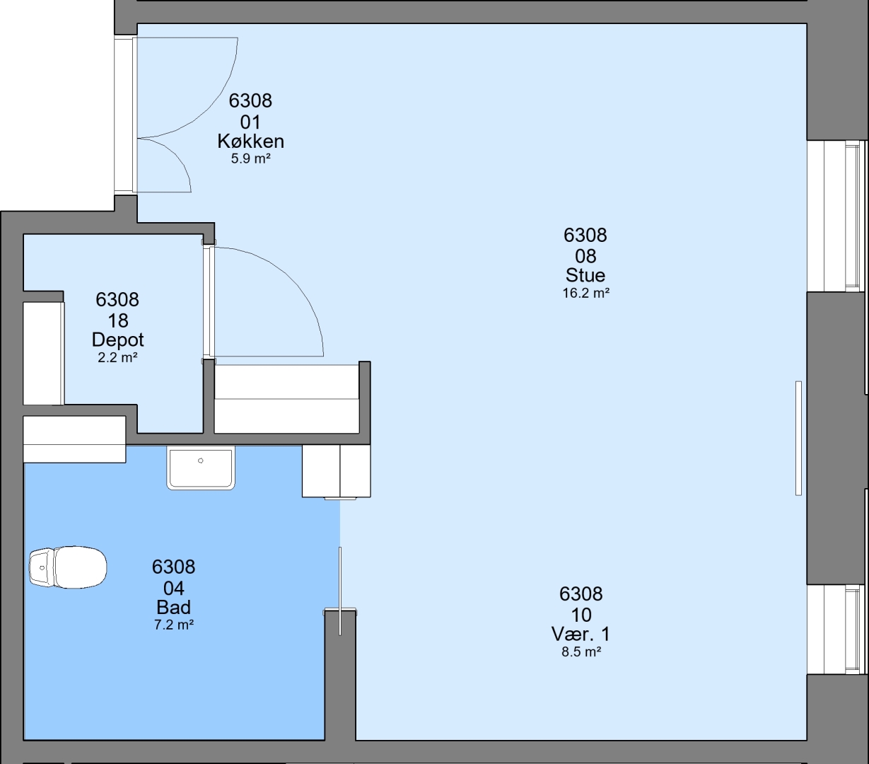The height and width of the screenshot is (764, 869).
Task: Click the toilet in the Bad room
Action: click(68, 567)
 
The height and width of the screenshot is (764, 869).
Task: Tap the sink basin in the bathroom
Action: click(201, 468)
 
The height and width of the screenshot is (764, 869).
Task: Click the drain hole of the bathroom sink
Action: click(200, 461)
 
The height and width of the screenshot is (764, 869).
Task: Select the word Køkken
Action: click(250, 141)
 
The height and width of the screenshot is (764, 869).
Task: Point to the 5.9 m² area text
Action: click(250, 158)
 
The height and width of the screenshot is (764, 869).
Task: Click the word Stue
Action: click(585, 275)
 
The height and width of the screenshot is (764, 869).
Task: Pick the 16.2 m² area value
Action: click(586, 293)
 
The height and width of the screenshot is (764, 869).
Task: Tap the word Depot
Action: click(117, 340)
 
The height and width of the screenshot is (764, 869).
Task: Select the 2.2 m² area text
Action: click(117, 357)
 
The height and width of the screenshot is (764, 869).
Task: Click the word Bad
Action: click(174, 608)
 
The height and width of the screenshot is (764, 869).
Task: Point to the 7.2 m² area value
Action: click(174, 625)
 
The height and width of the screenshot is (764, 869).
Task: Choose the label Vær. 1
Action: click(581, 635)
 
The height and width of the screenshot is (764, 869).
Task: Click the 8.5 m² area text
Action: click(581, 652)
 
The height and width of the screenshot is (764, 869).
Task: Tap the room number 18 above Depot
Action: click(118, 320)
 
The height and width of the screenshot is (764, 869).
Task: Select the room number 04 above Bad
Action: click(174, 588)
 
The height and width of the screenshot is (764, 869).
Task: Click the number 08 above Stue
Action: click(585, 256)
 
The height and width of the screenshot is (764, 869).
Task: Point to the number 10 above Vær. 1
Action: click(581, 615)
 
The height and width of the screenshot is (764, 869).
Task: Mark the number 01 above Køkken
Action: click(250, 123)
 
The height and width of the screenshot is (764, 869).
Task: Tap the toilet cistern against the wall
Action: click(41, 567)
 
